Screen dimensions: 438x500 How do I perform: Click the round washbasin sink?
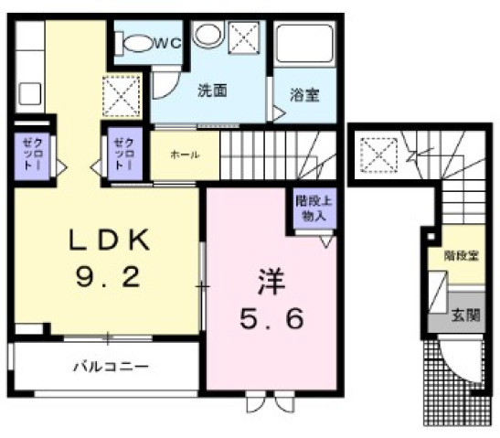(x=207, y=36)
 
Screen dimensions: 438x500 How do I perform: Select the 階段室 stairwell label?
(x=460, y=256)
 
